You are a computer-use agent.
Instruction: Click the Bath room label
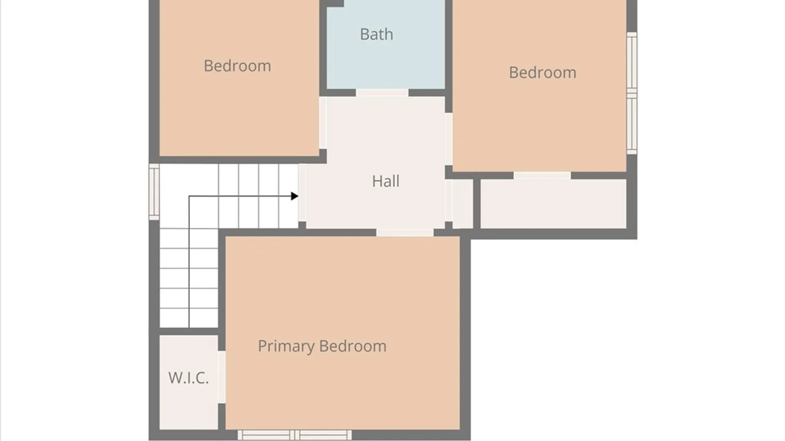377,34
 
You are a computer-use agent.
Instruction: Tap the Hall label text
386,181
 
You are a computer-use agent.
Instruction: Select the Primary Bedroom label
322,346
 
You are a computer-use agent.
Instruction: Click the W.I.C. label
188,378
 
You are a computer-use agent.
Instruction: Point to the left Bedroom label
238,66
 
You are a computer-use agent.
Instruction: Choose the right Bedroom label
543,73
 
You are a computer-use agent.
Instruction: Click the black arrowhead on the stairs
294,196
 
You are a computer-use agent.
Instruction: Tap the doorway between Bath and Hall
382,93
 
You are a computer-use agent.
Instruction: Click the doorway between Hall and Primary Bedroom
405,232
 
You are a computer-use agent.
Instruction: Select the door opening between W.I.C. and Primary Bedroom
222,377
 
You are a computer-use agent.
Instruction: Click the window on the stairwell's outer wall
154,192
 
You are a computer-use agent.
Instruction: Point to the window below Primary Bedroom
295,435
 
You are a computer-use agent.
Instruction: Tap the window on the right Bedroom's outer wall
632,93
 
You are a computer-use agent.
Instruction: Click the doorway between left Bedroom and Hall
323,122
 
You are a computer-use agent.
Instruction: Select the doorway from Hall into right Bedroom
449,139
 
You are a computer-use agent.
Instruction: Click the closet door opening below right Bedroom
542,176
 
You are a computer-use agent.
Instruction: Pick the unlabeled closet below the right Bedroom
554,204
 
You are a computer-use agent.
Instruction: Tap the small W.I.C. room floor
188,382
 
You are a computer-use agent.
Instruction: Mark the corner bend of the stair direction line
189,196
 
